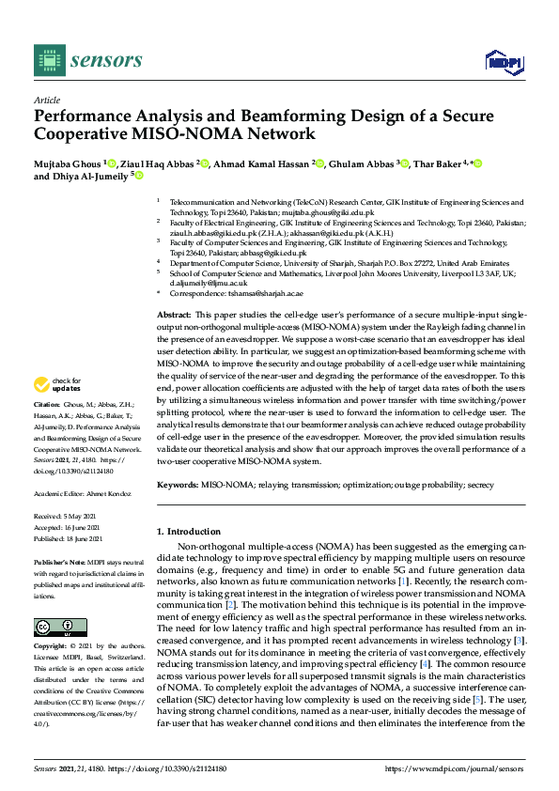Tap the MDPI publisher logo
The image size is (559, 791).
tap(504, 61)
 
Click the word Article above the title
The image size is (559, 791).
tap(47, 100)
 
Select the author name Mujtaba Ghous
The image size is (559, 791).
tap(68, 164)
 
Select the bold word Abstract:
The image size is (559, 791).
tap(174, 315)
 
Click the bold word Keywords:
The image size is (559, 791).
tap(177, 484)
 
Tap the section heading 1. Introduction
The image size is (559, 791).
tap(188, 532)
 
